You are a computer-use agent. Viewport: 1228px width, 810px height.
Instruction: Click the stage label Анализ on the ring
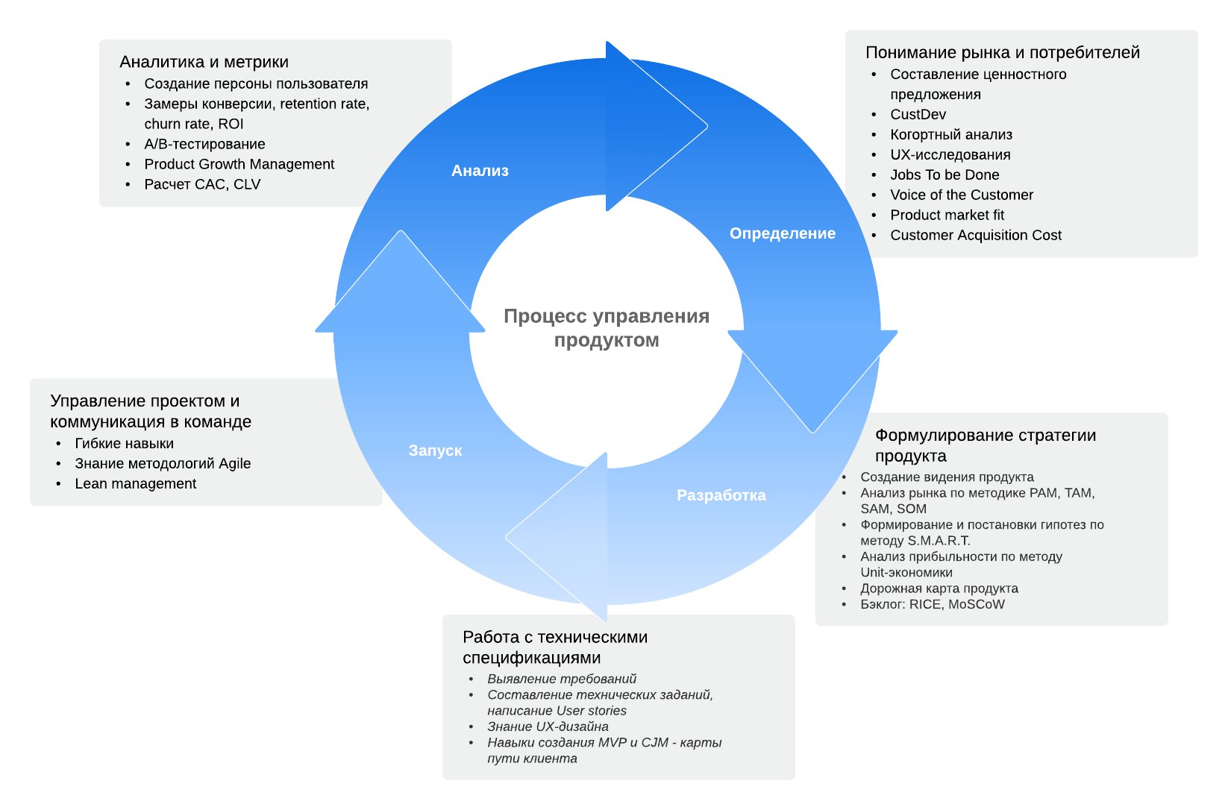point(480,171)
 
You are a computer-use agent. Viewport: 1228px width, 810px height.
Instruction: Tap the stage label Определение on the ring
point(782,233)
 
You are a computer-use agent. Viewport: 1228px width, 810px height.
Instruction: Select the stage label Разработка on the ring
point(721,495)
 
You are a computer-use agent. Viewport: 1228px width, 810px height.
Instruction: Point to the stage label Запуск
point(435,450)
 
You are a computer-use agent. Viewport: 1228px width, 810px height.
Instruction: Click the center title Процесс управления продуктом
point(607,328)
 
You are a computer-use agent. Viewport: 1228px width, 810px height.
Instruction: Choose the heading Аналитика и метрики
point(204,62)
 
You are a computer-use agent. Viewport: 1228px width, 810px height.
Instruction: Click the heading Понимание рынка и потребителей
point(1002,52)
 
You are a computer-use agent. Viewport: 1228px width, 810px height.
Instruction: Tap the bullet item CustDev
point(918,114)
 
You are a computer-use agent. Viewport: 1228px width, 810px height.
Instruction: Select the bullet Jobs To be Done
point(945,175)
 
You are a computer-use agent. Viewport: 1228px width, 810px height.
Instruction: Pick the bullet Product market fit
point(947,215)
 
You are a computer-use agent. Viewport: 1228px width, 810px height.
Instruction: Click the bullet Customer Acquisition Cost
point(975,235)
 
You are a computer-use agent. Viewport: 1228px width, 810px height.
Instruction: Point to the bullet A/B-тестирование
point(204,144)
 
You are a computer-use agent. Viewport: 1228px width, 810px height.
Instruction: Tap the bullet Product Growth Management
point(239,164)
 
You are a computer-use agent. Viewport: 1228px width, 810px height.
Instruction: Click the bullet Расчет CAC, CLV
point(202,184)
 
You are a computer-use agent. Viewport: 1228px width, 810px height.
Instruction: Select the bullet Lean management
point(135,483)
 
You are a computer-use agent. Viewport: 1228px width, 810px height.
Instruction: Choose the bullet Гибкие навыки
point(124,443)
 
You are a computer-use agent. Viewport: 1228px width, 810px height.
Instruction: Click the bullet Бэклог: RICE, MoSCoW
point(932,604)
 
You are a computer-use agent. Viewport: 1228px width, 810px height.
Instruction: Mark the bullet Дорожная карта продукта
point(939,588)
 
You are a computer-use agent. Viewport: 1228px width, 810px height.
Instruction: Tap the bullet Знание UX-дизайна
point(548,726)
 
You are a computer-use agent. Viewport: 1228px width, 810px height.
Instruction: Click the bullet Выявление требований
point(562,679)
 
